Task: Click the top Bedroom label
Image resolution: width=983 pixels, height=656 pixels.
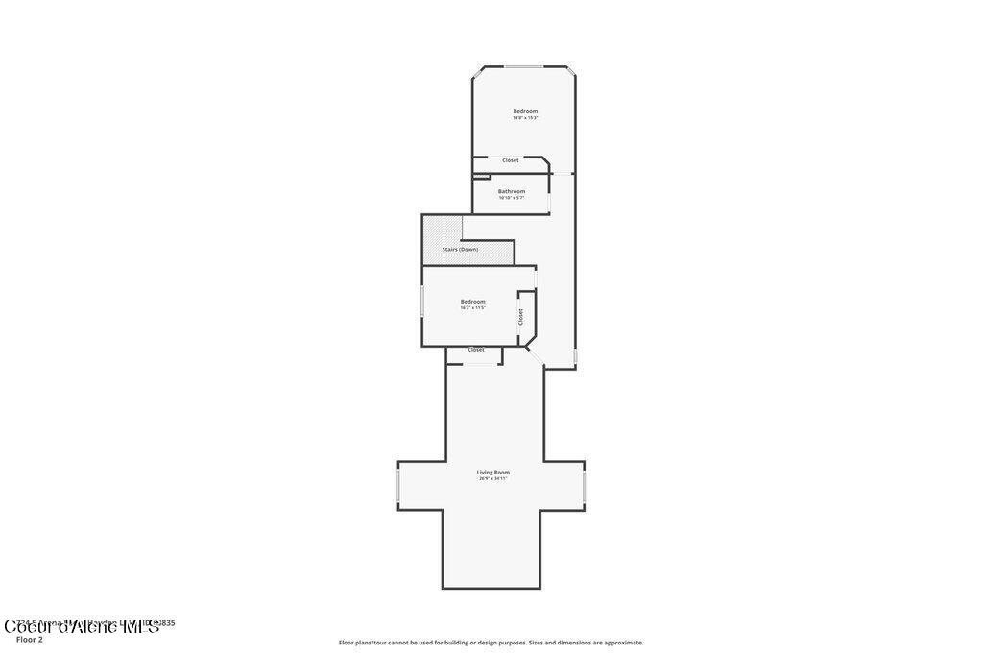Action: [525, 111]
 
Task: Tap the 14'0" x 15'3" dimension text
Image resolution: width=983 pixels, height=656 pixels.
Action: [525, 118]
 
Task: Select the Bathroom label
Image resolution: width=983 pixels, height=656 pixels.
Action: [512, 191]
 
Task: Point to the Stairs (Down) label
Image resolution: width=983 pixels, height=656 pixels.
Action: [460, 250]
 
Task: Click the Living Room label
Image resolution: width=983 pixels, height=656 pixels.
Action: [493, 472]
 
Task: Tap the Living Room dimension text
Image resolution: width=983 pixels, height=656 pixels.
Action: [493, 478]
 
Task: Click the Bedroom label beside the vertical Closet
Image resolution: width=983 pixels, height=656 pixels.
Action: [473, 302]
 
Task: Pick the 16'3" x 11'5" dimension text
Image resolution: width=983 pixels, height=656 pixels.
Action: [473, 308]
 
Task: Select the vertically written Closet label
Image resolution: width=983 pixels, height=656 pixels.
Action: [521, 316]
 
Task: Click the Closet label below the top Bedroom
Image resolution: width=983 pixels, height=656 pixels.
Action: [511, 160]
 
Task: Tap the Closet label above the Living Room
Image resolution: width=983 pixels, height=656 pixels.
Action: [476, 350]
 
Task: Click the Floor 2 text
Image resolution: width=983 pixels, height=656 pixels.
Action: [30, 640]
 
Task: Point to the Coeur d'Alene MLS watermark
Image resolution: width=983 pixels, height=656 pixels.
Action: [82, 627]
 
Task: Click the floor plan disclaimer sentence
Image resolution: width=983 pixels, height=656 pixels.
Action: [491, 643]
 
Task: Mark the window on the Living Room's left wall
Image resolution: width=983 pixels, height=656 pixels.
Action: [398, 486]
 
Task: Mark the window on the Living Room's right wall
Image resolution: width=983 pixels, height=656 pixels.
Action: [584, 486]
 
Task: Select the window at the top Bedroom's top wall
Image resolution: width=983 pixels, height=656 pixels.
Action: [524, 66]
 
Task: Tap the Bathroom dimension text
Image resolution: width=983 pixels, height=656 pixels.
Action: [512, 198]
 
